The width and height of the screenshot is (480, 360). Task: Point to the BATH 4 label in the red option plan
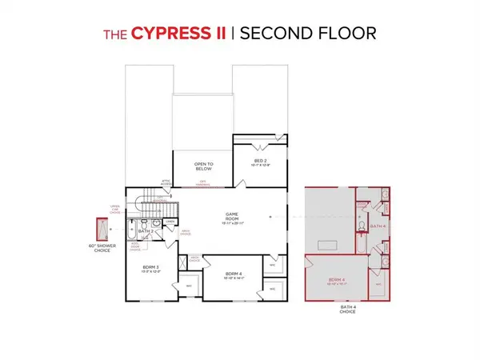pyautogui.click(x=378, y=226)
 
